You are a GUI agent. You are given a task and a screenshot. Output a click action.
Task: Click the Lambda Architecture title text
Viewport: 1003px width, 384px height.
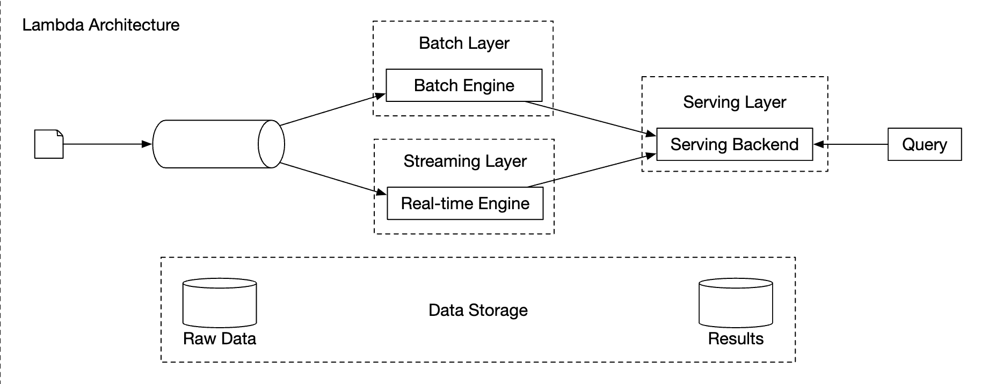pyautogui.click(x=100, y=25)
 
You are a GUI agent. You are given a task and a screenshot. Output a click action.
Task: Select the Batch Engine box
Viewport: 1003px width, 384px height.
pyautogui.click(x=464, y=85)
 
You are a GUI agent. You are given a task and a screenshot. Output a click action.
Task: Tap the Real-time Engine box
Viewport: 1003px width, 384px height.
pyautogui.click(x=465, y=203)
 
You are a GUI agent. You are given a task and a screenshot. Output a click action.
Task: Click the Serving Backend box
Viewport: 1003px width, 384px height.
pyautogui.click(x=734, y=144)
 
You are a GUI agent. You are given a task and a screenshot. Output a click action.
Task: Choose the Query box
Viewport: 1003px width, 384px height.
pyautogui.click(x=924, y=144)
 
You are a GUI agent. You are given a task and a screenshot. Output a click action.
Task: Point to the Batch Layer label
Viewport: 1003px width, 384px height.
pyautogui.click(x=464, y=43)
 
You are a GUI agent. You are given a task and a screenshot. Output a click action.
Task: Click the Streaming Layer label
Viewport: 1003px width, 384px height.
pyautogui.click(x=465, y=161)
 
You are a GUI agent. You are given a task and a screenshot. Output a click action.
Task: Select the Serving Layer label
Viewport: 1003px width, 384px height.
pyautogui.click(x=734, y=102)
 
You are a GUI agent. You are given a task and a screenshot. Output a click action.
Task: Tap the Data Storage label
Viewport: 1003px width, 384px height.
pyautogui.click(x=478, y=310)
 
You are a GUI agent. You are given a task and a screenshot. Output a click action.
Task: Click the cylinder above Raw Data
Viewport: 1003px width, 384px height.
pyautogui.click(x=220, y=303)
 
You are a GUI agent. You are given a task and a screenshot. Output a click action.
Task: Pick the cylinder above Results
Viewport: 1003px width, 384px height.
pyautogui.click(x=735, y=303)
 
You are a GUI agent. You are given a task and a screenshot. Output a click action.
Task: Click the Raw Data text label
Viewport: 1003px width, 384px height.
pyautogui.click(x=220, y=339)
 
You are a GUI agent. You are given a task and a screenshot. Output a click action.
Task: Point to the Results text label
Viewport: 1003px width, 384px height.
pyautogui.click(x=735, y=339)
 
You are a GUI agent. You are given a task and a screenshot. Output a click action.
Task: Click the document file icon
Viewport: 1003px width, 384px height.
pyautogui.click(x=49, y=144)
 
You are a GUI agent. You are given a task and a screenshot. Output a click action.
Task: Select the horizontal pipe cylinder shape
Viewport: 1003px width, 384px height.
pyautogui.click(x=215, y=144)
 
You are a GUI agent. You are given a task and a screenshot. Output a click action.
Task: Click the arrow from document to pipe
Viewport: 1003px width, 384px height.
pyautogui.click(x=107, y=144)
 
